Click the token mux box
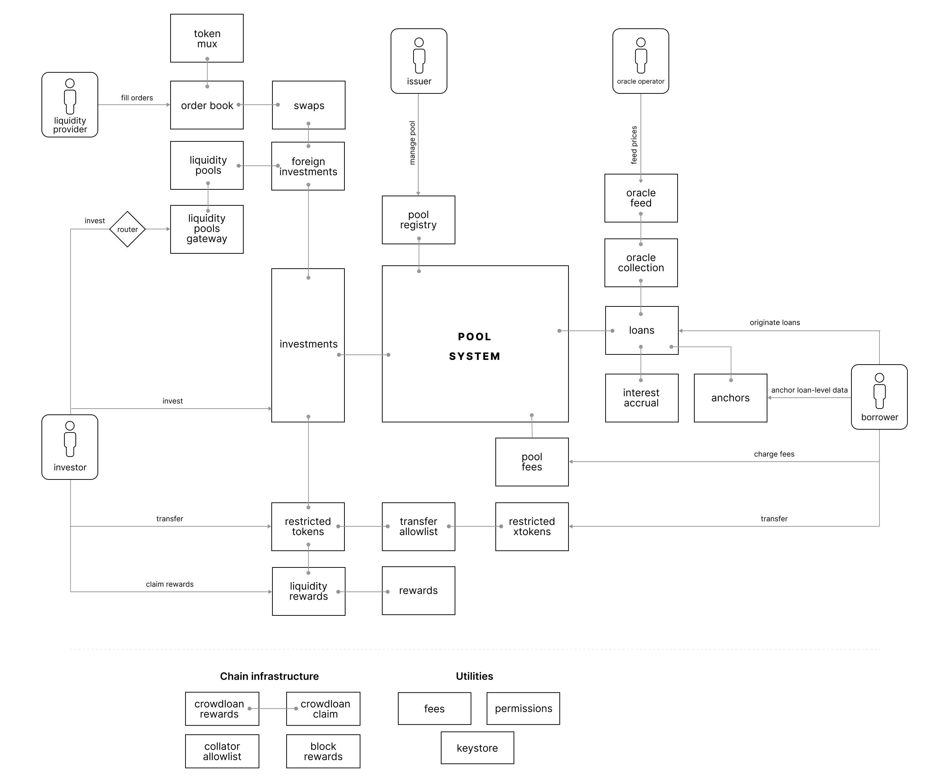tap(207, 38)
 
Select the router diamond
tap(127, 229)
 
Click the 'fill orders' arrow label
tap(137, 98)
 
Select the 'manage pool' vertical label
tap(412, 143)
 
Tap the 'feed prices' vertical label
tap(634, 145)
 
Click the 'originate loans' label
tap(774, 322)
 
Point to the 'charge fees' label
tap(774, 454)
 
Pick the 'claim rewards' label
tap(170, 584)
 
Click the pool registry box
tap(418, 220)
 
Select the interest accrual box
tap(641, 398)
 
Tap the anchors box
tap(730, 398)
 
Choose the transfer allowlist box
tap(418, 526)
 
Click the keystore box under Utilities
tap(477, 748)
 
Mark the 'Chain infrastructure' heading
tap(269, 676)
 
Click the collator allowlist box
tap(222, 751)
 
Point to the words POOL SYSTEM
tap(475, 346)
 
